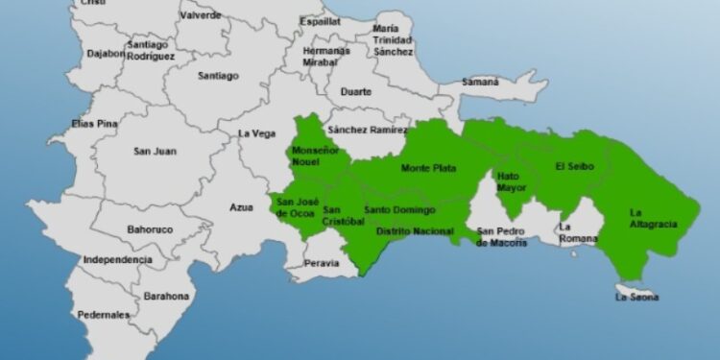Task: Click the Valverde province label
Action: tap(200, 15)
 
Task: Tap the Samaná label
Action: tap(480, 83)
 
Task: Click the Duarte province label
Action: tap(355, 92)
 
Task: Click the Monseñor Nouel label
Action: tap(312, 157)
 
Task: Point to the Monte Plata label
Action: tap(428, 169)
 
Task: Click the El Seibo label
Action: tap(575, 166)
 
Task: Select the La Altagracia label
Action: tap(654, 218)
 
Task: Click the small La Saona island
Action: tap(634, 288)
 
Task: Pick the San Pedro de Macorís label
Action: tap(502, 236)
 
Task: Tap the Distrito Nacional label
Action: tap(415, 232)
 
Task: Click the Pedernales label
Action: tap(103, 315)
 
